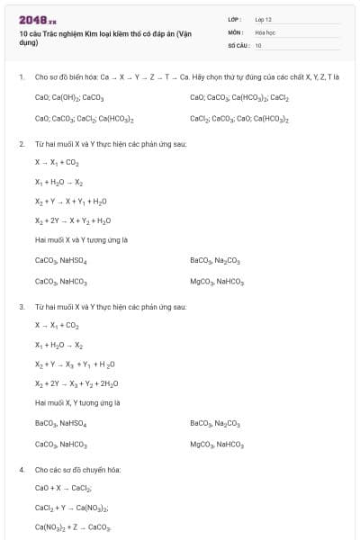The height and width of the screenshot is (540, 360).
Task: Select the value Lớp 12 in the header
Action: [264, 19]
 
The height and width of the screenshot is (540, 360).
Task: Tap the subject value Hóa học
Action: [265, 31]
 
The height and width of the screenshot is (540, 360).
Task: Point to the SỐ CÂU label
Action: [237, 45]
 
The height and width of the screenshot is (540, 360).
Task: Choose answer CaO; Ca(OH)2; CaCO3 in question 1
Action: [69, 97]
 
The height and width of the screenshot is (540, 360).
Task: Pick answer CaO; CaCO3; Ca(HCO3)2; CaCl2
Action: [239, 97]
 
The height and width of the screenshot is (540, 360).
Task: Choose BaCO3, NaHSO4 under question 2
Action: [215, 260]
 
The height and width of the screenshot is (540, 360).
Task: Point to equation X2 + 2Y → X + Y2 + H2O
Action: [73, 220]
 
